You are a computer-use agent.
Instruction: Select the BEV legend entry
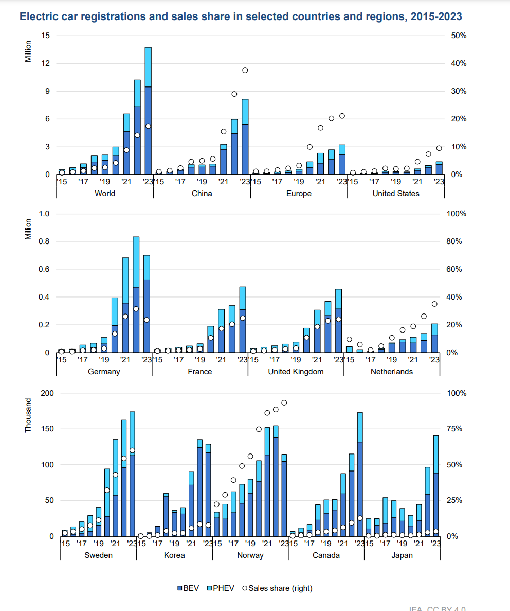[x=188, y=588]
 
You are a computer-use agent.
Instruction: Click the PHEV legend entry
[x=221, y=588]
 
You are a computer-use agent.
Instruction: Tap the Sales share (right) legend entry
[x=277, y=588]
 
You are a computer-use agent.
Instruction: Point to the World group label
[x=105, y=194]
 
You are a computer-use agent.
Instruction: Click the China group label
[x=202, y=194]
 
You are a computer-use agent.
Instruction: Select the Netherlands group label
[x=392, y=372]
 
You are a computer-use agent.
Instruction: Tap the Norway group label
[x=250, y=555]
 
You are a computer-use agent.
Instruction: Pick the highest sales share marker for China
[x=245, y=70]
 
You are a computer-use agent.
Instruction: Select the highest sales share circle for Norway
[x=284, y=403]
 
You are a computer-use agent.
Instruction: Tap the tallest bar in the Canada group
[x=360, y=474]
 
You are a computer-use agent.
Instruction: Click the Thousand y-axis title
[x=29, y=416]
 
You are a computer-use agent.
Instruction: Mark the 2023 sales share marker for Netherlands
[x=434, y=304]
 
